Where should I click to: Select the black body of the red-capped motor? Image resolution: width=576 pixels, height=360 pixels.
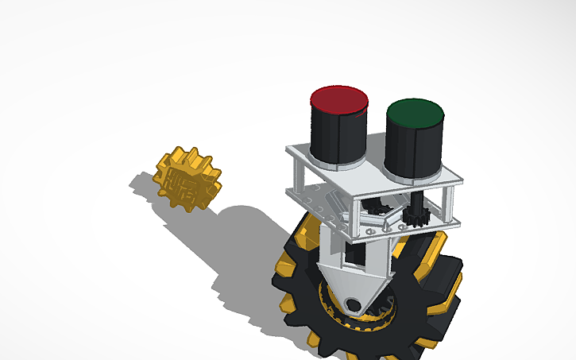coord(337,135)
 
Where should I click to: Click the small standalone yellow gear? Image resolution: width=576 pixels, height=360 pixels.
coord(187,179)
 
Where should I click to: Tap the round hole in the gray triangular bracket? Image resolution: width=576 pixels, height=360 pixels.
coord(354,303)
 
